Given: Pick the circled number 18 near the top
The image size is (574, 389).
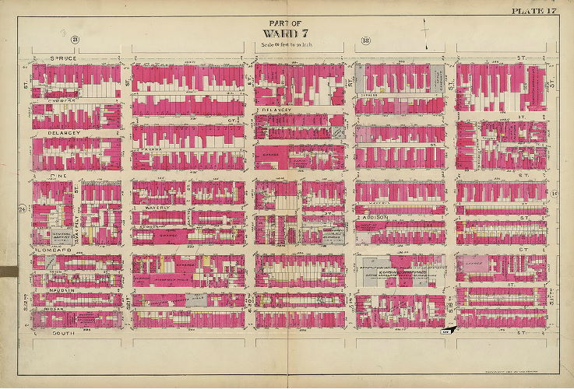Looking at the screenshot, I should click(364, 40).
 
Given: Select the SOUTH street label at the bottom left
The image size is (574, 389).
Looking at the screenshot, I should click(50, 332).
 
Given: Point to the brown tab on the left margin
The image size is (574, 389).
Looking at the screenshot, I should click(7, 272).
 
